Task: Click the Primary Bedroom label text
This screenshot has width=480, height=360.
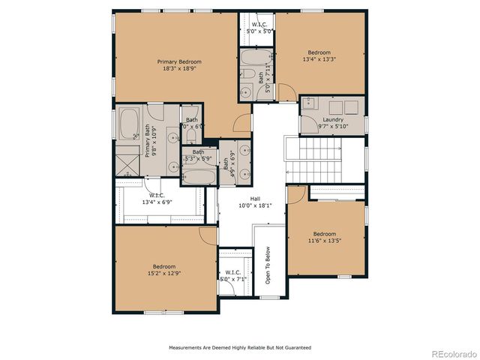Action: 179,61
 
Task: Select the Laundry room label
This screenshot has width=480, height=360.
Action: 333,119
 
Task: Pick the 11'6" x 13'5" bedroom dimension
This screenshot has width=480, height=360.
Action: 325,240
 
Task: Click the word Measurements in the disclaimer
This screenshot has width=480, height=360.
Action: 187,347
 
